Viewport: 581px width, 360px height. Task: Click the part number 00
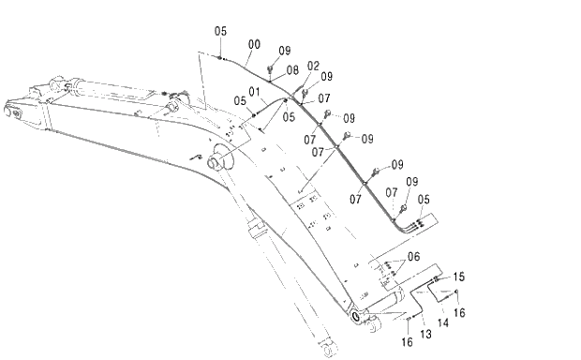[x=254, y=44]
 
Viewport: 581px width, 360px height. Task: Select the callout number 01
[x=254, y=91]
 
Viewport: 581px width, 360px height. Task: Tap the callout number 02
[x=313, y=66]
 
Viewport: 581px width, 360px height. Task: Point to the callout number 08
[x=292, y=70]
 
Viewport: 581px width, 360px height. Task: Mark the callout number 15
[x=459, y=277]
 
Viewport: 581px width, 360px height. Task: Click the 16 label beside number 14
[x=460, y=311]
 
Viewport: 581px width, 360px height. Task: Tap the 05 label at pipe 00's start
[x=220, y=31]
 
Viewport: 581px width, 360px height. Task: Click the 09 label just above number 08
[x=285, y=51]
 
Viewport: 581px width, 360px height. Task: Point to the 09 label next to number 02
[x=327, y=77]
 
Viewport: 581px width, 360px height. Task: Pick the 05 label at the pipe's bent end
[x=424, y=199]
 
